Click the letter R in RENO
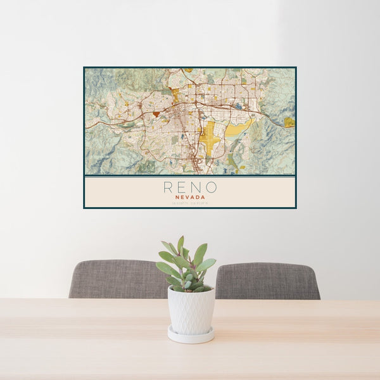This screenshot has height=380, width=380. (x=168, y=187)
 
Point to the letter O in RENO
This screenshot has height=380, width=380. (x=212, y=187)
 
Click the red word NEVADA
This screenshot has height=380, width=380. (x=189, y=197)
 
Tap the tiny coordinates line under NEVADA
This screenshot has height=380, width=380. (x=189, y=203)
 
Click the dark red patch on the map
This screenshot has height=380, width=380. (x=156, y=114)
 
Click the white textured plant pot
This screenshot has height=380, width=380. (x=191, y=310)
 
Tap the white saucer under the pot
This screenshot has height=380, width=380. (x=191, y=335)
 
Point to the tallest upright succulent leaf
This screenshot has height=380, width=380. (x=180, y=245)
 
